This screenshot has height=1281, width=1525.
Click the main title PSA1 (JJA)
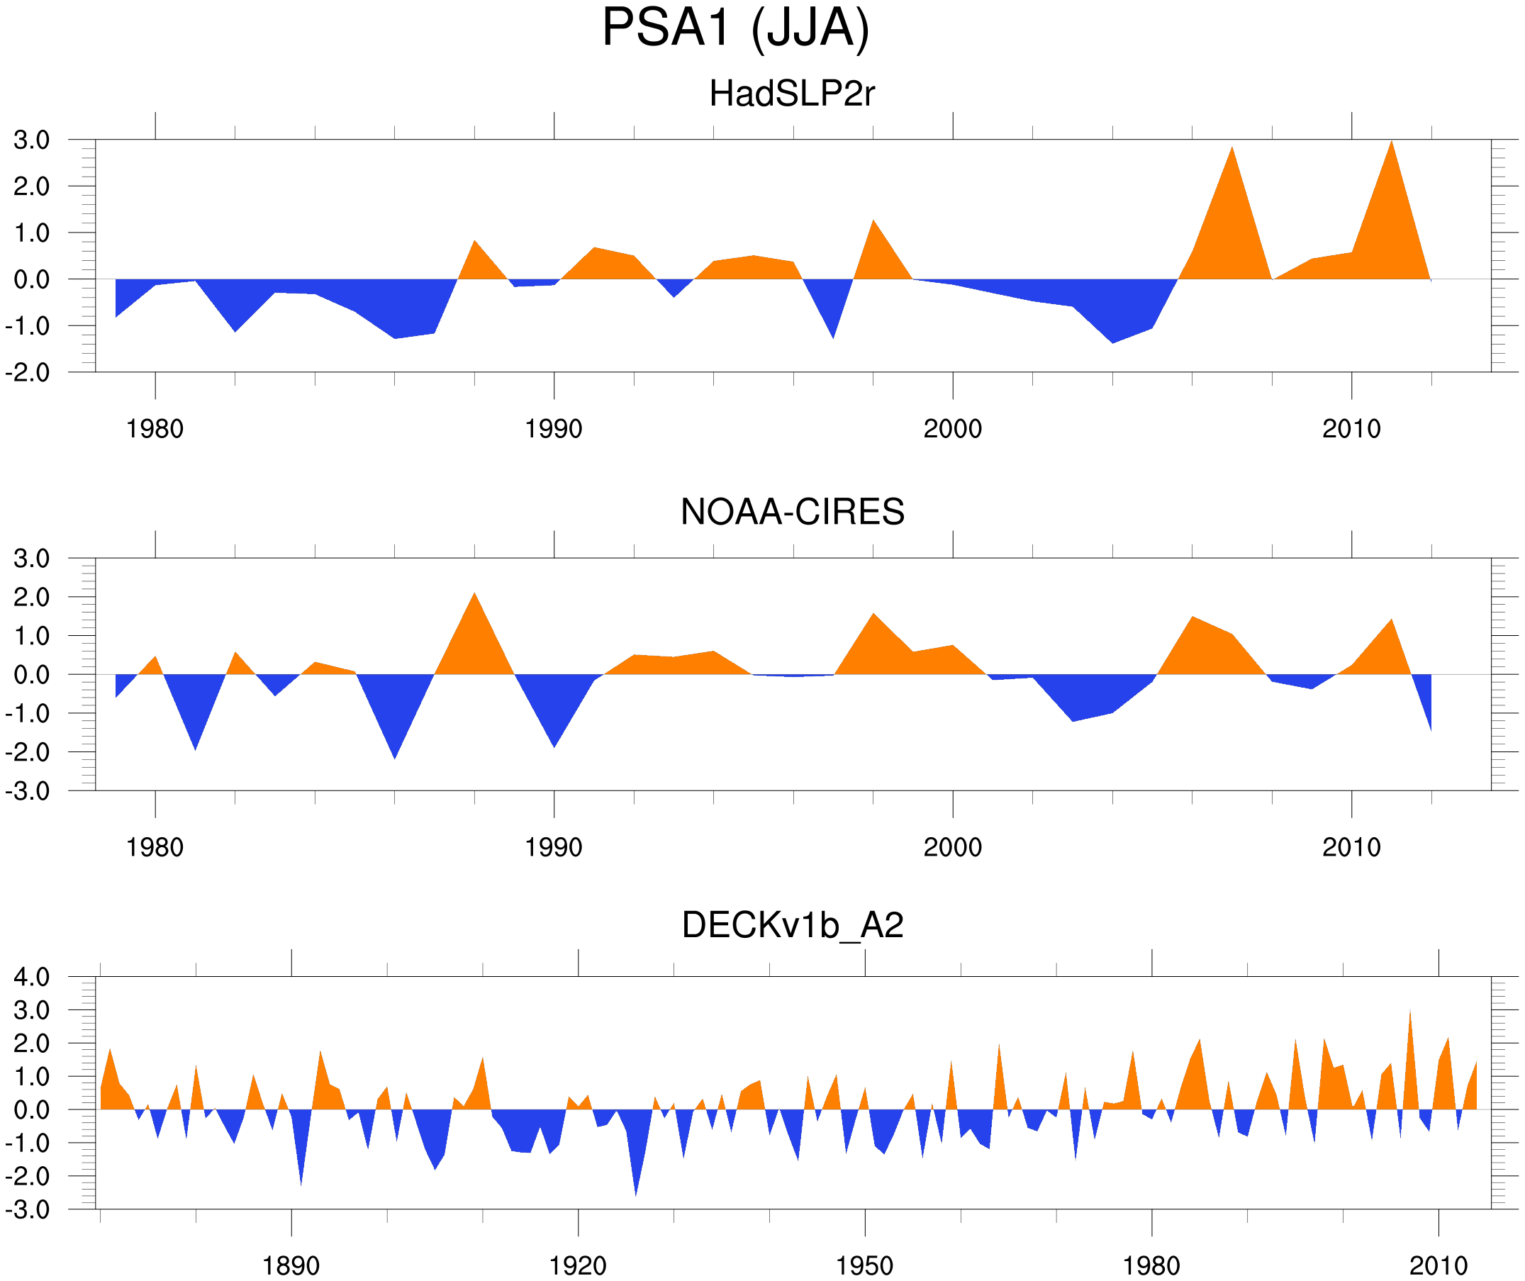click(735, 29)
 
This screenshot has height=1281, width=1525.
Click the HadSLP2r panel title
click(791, 94)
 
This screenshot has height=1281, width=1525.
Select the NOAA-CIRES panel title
click(792, 512)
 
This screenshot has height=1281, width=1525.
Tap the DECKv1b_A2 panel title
click(792, 925)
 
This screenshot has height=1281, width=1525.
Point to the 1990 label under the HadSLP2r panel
click(554, 429)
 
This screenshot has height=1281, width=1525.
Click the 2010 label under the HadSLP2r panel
click(1351, 429)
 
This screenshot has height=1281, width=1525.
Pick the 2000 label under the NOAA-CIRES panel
click(952, 847)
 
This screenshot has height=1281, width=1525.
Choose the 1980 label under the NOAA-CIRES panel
click(155, 847)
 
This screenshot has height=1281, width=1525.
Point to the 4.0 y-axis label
click(32, 977)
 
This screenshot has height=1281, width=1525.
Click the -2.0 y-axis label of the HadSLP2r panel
click(28, 373)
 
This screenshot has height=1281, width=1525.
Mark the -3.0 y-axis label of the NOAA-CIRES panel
click(28, 791)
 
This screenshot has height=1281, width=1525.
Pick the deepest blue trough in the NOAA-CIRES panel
click(394, 755)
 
